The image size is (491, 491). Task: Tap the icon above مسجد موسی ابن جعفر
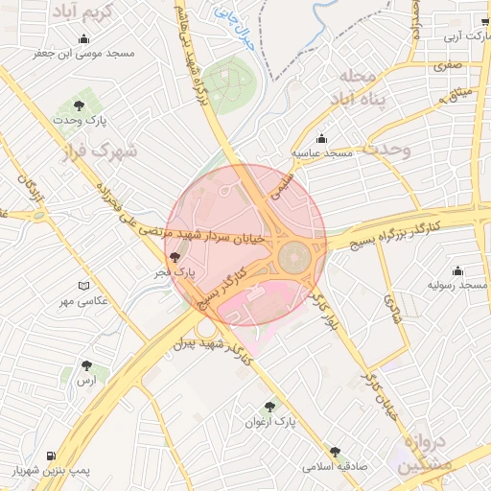84,39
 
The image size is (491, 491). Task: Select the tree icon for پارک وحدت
79,105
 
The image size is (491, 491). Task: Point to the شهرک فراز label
101,151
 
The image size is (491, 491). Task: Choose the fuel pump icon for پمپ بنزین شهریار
50,456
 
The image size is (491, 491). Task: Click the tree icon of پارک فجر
174,257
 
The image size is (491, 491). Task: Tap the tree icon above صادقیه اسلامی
335,451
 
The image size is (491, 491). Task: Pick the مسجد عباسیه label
324,153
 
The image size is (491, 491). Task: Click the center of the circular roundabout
294,256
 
